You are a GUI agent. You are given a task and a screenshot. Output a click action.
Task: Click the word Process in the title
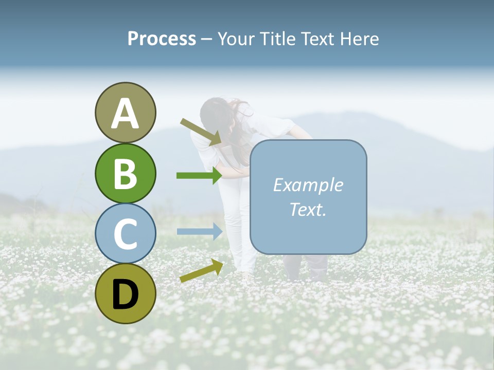pyautogui.click(x=162, y=39)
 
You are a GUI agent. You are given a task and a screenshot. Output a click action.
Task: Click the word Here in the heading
pyautogui.click(x=360, y=39)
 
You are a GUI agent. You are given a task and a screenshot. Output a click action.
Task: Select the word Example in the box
pyautogui.click(x=308, y=185)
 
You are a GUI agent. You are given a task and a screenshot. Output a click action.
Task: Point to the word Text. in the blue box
pyautogui.click(x=308, y=209)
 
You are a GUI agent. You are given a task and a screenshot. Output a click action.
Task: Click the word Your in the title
pyautogui.click(x=237, y=39)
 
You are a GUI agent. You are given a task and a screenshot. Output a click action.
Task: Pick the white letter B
pyautogui.click(x=125, y=174)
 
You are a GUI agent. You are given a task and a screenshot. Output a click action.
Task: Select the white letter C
pyautogui.click(x=125, y=234)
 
